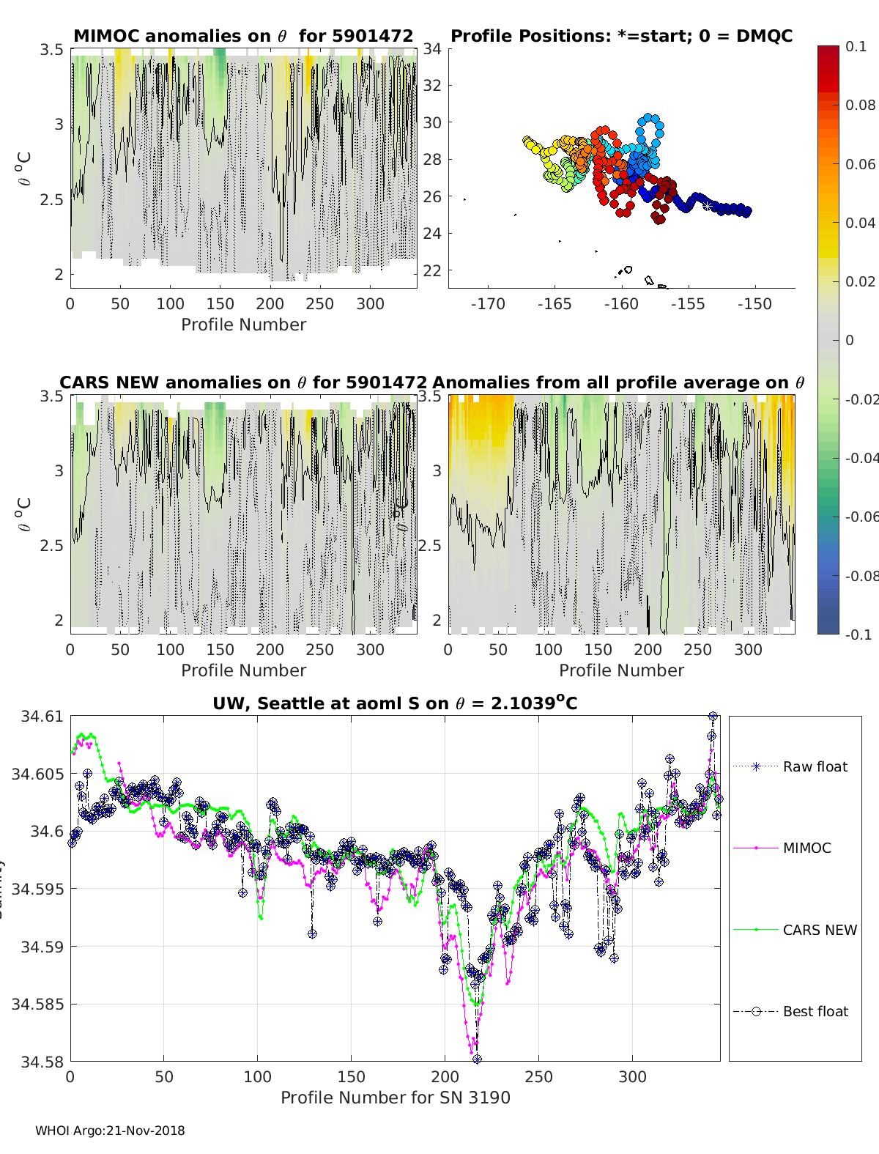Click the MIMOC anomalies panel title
(243, 36)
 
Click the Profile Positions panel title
(621, 36)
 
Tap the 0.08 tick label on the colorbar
(860, 105)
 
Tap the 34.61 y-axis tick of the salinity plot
(42, 717)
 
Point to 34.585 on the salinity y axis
(37, 1004)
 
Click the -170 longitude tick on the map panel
(488, 304)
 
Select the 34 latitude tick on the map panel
(432, 49)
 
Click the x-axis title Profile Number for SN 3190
(396, 1098)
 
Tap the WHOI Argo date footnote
(110, 1131)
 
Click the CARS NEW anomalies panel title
(243, 382)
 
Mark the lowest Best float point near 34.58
(477, 1059)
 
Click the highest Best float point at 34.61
(712, 717)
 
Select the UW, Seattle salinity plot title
(396, 703)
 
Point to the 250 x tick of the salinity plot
(539, 1076)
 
